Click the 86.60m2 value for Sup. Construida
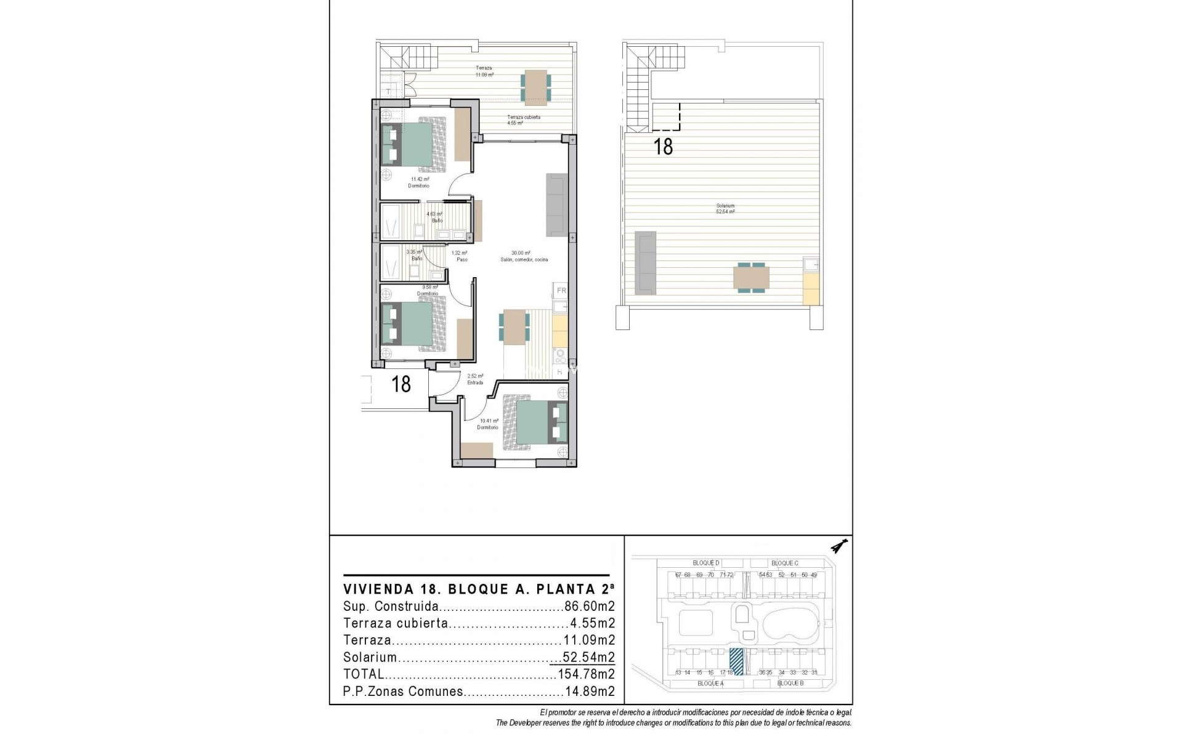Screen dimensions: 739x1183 (x=590, y=606)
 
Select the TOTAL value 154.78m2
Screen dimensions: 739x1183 (x=586, y=674)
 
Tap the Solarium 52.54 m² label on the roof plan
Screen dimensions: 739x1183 (x=725, y=209)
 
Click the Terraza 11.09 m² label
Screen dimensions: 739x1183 (x=484, y=71)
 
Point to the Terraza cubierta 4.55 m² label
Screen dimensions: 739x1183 (x=523, y=120)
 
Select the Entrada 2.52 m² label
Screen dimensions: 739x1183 (x=475, y=379)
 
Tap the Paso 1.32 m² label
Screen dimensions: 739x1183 (x=460, y=256)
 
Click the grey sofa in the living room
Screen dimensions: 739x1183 (x=556, y=204)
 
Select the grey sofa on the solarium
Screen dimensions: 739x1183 (x=645, y=262)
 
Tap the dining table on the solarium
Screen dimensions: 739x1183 (x=751, y=278)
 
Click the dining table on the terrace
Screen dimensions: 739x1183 (x=535, y=85)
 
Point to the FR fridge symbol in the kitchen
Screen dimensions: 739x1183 (x=561, y=290)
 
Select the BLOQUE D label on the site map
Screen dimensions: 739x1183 (x=706, y=563)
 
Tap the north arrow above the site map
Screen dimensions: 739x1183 (x=839, y=546)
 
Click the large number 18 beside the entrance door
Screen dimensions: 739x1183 (x=401, y=384)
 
